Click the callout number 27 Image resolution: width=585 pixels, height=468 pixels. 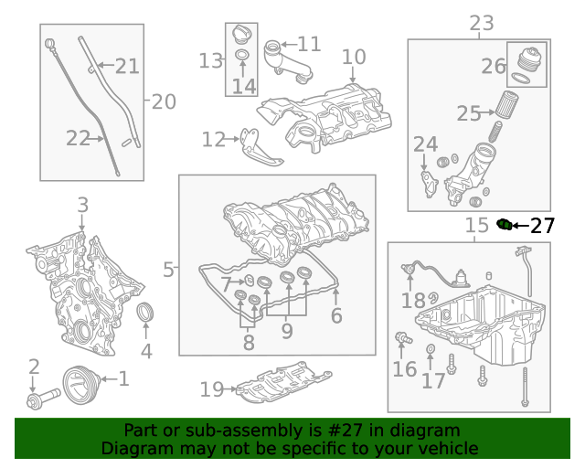542,226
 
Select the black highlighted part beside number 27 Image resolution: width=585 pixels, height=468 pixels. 503,224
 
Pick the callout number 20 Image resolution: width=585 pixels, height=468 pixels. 164,101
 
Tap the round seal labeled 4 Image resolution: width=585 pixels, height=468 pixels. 145,314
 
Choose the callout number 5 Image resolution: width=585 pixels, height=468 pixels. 168,269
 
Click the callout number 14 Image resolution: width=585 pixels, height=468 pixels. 243,86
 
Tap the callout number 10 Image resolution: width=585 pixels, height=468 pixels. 354,58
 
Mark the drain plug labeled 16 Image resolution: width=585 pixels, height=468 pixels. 399,339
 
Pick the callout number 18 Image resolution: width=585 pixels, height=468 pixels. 413,300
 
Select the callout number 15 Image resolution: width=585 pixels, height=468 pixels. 476,226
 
